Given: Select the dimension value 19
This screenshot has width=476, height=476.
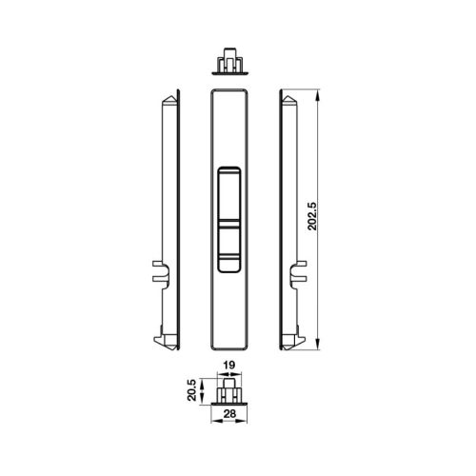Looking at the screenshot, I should (228, 365).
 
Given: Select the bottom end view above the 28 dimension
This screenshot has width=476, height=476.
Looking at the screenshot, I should (228, 390).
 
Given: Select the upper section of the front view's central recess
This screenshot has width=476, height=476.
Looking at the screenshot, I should (228, 195).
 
